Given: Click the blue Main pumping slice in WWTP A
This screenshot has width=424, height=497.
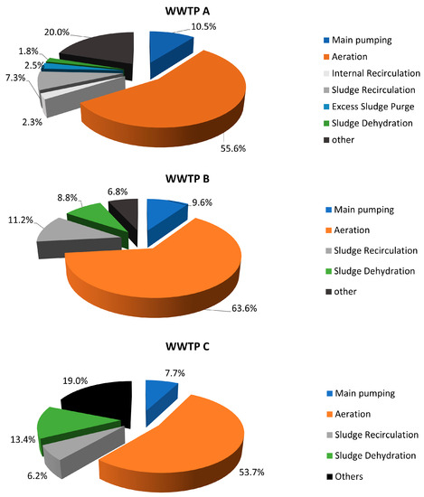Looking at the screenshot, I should [169, 42].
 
